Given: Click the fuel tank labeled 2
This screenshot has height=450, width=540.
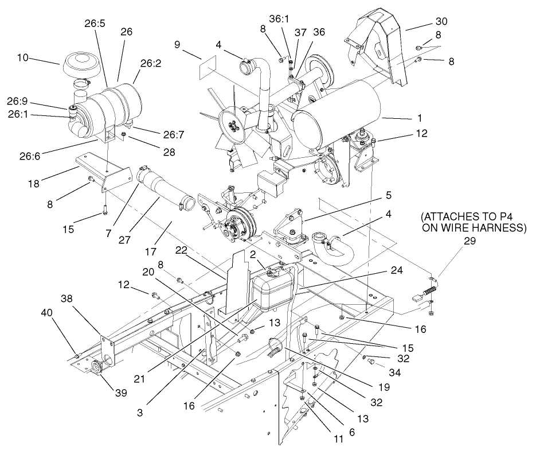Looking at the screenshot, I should (274, 290).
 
